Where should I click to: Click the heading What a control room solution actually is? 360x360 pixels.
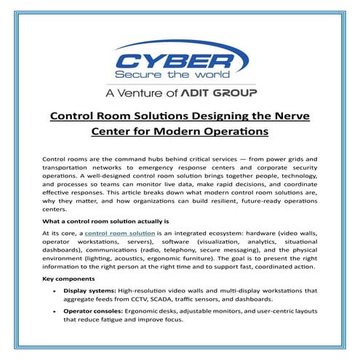[x=105, y=220]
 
